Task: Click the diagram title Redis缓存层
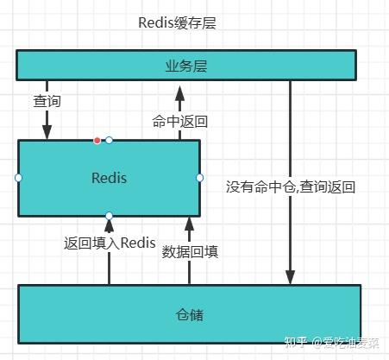coord(177,23)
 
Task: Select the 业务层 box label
coord(186,66)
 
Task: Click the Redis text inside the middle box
coord(109,178)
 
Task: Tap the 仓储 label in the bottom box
coord(190,315)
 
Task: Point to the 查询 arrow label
coord(47,101)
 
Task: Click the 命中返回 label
coord(180,122)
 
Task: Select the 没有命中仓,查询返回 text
coord(291,186)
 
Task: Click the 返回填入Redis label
coord(110,243)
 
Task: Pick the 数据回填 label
coord(190,252)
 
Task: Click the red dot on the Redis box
coord(97,141)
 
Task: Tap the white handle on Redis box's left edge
coord(18,178)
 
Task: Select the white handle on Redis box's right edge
coord(200,178)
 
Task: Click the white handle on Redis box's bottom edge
coord(109,216)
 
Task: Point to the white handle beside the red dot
coord(109,140)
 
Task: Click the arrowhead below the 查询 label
coord(47,132)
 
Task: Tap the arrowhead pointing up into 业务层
coord(180,93)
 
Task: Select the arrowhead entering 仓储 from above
coord(290,277)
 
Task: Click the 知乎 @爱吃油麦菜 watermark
coord(332,343)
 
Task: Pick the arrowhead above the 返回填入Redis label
coord(109,225)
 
